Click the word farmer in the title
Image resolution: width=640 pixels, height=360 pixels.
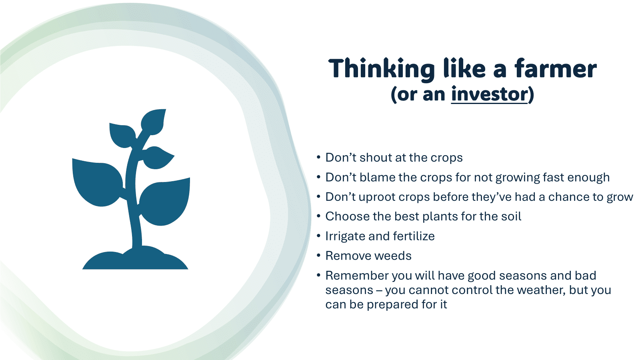tap(556, 68)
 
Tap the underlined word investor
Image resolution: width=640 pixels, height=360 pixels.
tap(489, 94)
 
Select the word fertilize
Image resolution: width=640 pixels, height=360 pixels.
tap(414, 236)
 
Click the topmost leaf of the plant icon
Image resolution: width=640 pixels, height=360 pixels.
tap(154, 122)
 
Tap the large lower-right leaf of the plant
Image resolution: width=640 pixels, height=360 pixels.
tap(165, 202)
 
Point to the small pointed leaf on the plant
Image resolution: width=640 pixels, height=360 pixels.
tap(158, 158)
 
